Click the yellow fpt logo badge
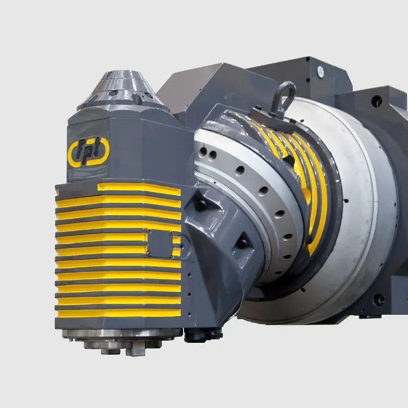(89, 153)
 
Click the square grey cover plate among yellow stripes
(160, 244)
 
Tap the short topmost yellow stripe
(139, 188)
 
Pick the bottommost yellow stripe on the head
(119, 313)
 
